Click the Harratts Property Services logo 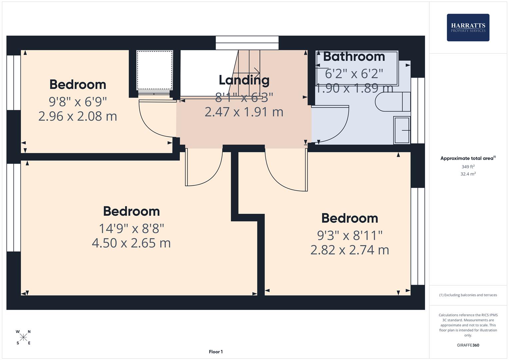[x=468, y=28]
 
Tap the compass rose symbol [x=23, y=337]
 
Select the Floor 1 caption [x=216, y=352]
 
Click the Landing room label [x=244, y=80]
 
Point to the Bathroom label [x=354, y=57]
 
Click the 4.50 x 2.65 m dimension [x=131, y=243]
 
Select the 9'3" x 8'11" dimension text [x=350, y=235]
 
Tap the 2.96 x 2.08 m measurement [x=78, y=116]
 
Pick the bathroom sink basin [x=402, y=130]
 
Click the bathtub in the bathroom [x=357, y=68]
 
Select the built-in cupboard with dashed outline [x=155, y=70]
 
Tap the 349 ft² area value [x=468, y=167]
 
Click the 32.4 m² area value [x=468, y=174]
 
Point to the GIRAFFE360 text [x=468, y=345]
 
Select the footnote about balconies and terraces [x=468, y=295]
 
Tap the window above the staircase [x=247, y=43]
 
